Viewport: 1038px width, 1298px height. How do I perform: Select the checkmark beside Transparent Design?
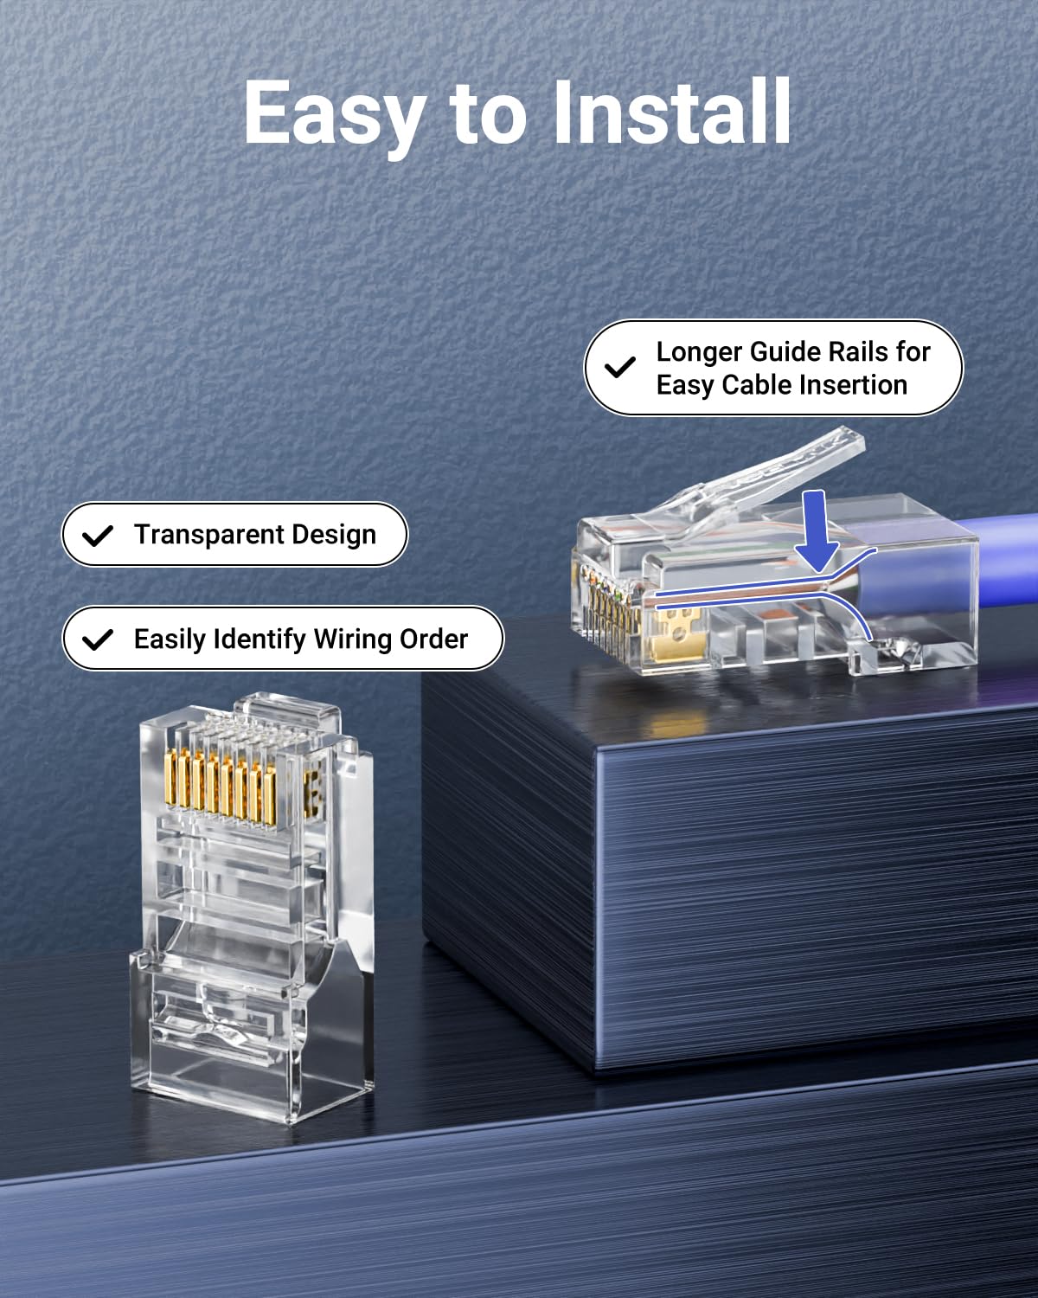point(98,536)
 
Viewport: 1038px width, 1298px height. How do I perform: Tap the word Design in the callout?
point(333,535)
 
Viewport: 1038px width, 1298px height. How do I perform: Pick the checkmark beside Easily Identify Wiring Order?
point(98,639)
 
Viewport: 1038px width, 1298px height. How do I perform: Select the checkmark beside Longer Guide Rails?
point(619,368)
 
